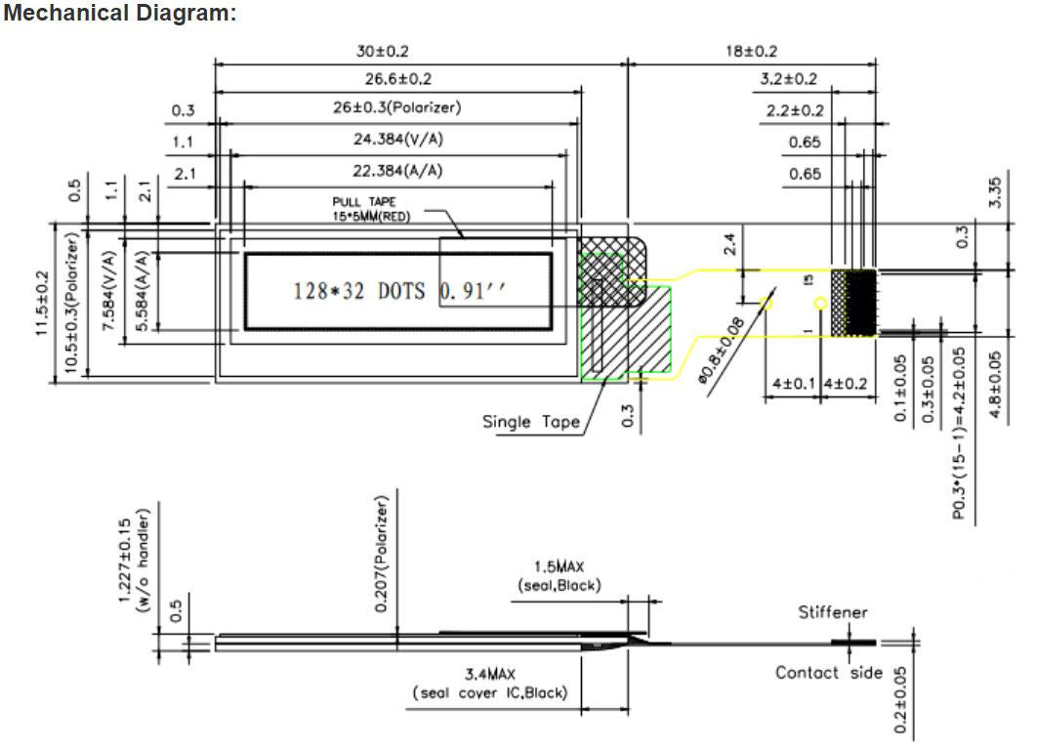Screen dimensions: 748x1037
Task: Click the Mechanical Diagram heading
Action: (120, 14)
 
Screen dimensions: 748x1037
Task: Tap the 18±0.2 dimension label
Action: (751, 51)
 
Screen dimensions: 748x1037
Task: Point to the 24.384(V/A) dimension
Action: (397, 140)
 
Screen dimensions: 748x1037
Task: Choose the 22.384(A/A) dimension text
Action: (397, 171)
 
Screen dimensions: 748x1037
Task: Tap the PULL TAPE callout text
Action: (370, 208)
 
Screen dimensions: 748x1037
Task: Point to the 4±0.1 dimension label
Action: (792, 384)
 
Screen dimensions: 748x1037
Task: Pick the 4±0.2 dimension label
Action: (846, 384)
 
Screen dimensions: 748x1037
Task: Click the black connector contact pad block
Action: (860, 304)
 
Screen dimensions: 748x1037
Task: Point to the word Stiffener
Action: (833, 612)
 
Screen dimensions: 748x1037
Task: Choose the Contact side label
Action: (828, 672)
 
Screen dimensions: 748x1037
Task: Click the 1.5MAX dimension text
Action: (559, 566)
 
